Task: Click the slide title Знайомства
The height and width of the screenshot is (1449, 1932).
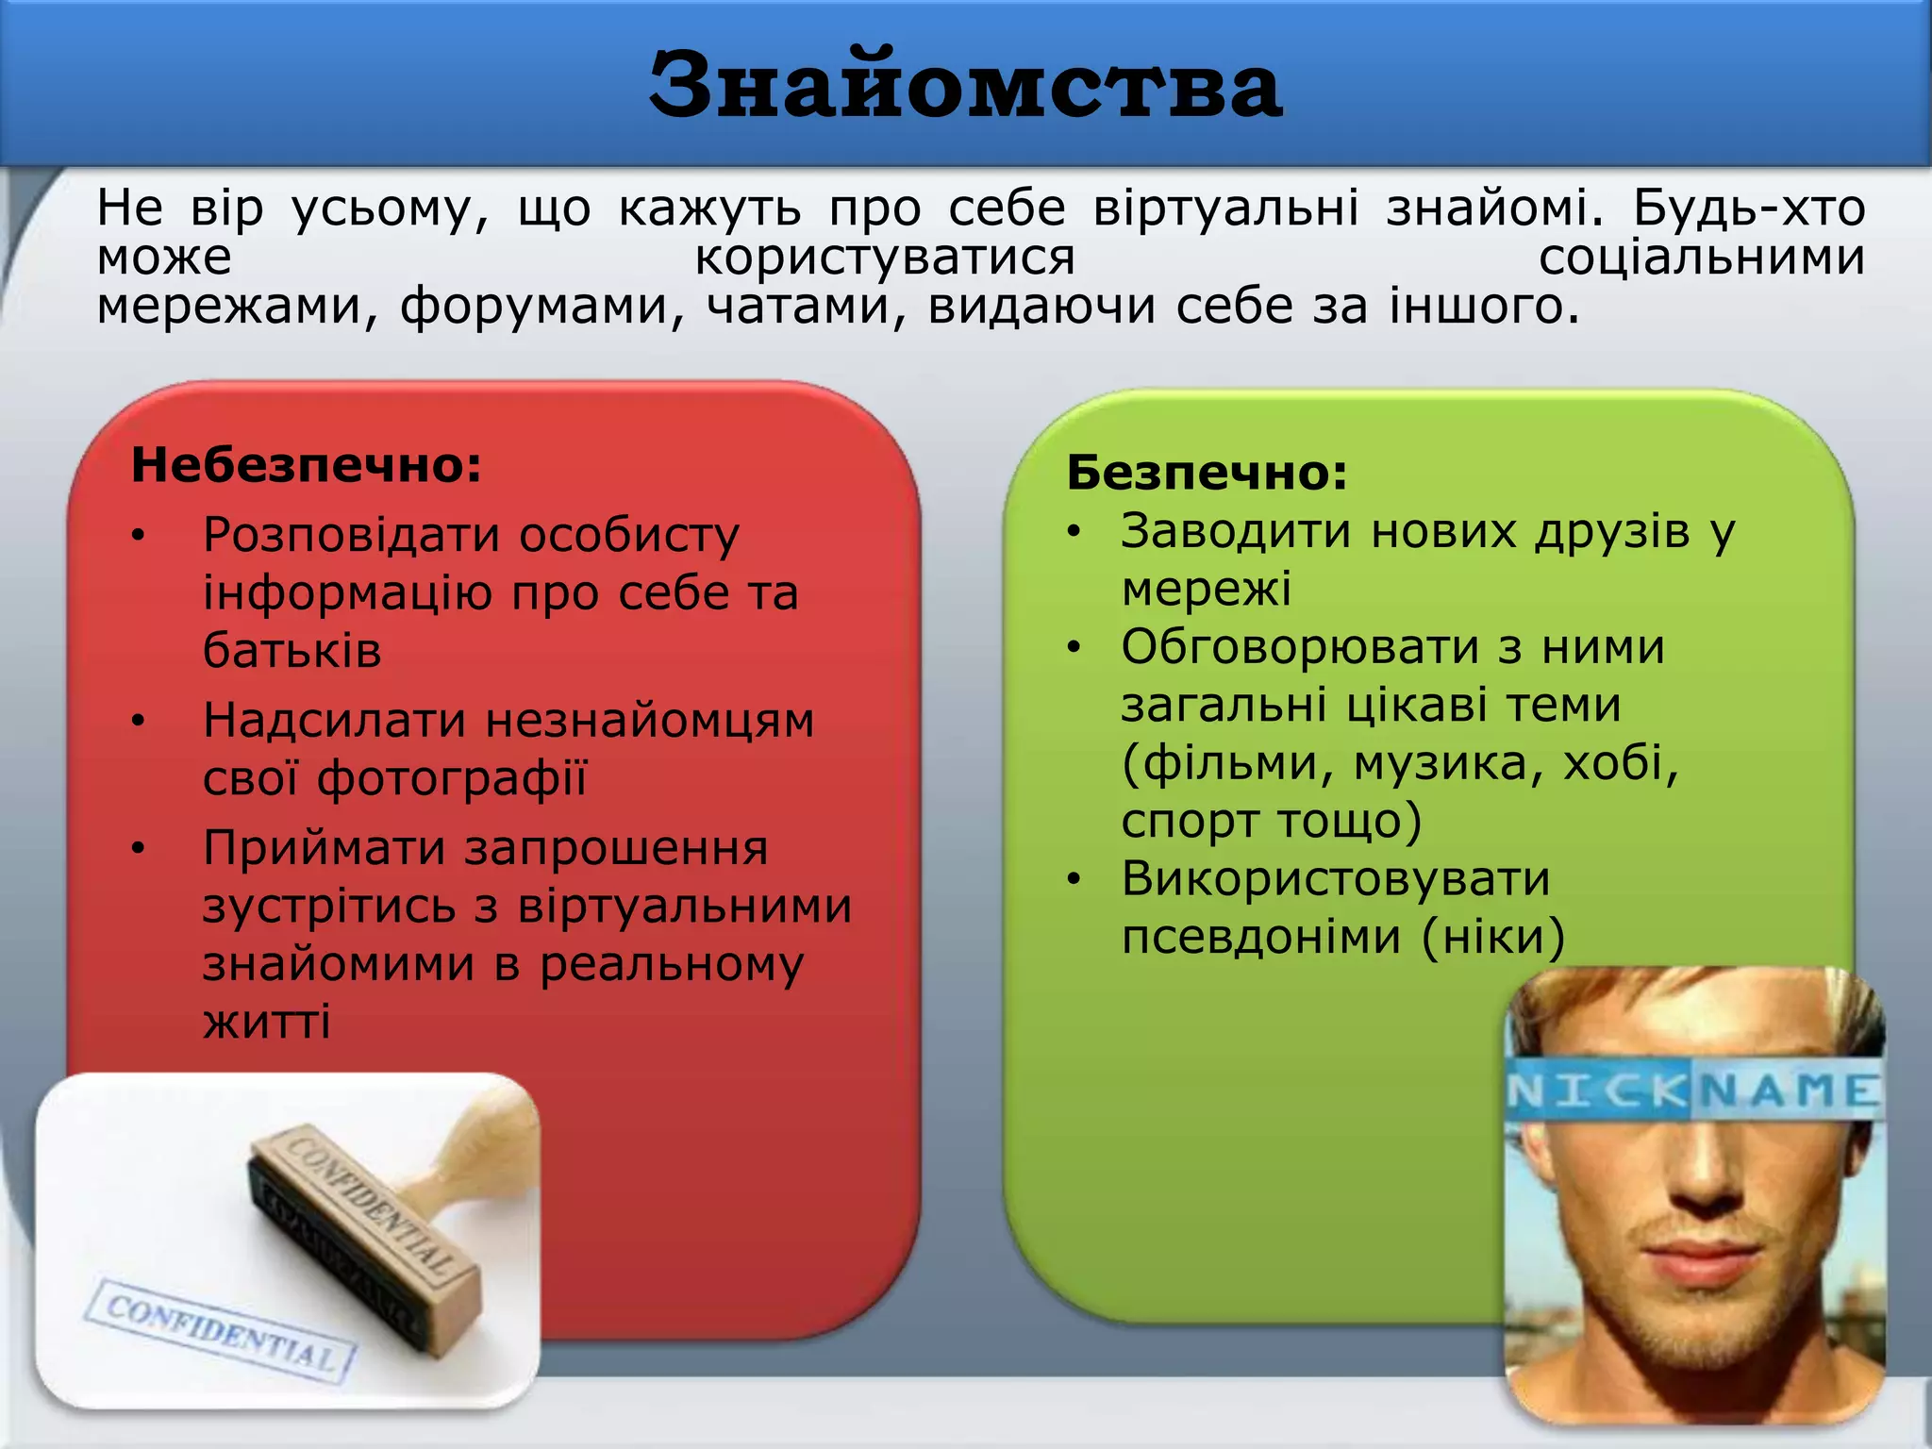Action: point(965,87)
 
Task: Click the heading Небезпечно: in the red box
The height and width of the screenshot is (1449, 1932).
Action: point(307,465)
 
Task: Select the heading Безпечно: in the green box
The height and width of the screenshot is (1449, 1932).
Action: point(1207,473)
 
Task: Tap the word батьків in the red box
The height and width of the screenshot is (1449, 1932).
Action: point(292,651)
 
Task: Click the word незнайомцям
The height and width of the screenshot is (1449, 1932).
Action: point(650,722)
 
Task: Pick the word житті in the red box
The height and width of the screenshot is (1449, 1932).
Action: point(267,1022)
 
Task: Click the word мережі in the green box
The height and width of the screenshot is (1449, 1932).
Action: point(1206,590)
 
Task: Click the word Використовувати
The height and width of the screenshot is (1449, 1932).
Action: point(1336,879)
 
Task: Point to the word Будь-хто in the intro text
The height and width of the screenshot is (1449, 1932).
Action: point(1748,208)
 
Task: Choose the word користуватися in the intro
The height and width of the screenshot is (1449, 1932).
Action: point(885,258)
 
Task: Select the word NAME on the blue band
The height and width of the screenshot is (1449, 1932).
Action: point(1785,1092)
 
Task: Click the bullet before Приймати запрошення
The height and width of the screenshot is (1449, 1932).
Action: point(139,849)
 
